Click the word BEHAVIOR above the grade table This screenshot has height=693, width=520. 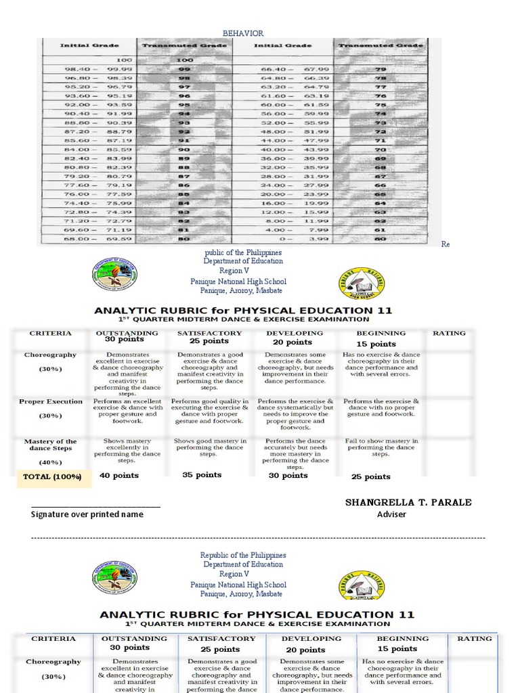243,33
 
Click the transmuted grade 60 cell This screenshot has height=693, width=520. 381,240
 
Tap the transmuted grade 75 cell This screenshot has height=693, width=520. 381,105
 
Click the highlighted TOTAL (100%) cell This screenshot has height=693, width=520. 52,476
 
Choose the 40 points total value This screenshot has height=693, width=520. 119,476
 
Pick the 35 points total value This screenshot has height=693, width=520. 202,475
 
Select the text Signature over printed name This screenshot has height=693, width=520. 87,514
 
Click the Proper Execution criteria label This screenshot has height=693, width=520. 51,402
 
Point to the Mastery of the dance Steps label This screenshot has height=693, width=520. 51,445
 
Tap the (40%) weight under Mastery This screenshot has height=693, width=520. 51,462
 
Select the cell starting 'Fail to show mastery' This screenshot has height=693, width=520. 381,447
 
